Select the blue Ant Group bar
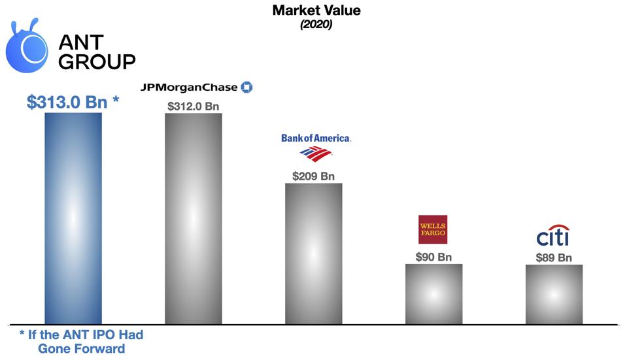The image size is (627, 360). [73, 218]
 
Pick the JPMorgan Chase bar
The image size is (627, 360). [194, 218]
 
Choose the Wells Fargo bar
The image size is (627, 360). [434, 294]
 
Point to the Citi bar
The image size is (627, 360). [554, 294]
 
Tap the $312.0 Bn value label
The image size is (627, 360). [193, 106]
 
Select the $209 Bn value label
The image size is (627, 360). [314, 176]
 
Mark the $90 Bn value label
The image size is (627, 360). [433, 257]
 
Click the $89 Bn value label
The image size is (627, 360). [554, 257]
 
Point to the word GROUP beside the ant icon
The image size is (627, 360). [97, 62]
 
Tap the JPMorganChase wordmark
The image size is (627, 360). [190, 87]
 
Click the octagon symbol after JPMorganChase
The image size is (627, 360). [246, 87]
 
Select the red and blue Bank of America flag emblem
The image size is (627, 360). [316, 154]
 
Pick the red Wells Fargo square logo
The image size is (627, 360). [433, 229]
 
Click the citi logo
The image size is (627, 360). [552, 236]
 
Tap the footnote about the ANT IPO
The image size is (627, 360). [81, 341]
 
